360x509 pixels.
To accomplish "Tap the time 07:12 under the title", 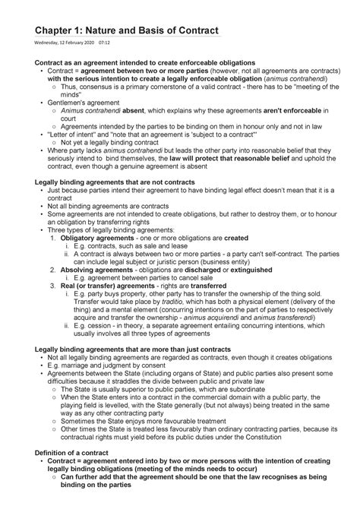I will pos(103,43).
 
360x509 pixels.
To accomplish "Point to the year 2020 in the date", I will pos(87,43).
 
